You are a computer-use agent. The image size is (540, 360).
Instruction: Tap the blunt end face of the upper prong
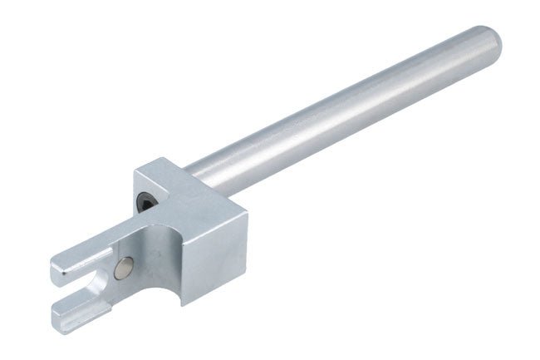tap(56, 266)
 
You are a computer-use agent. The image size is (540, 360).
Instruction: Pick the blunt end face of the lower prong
tap(58, 315)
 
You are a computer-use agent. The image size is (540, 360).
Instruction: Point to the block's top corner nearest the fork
tap(135, 173)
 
